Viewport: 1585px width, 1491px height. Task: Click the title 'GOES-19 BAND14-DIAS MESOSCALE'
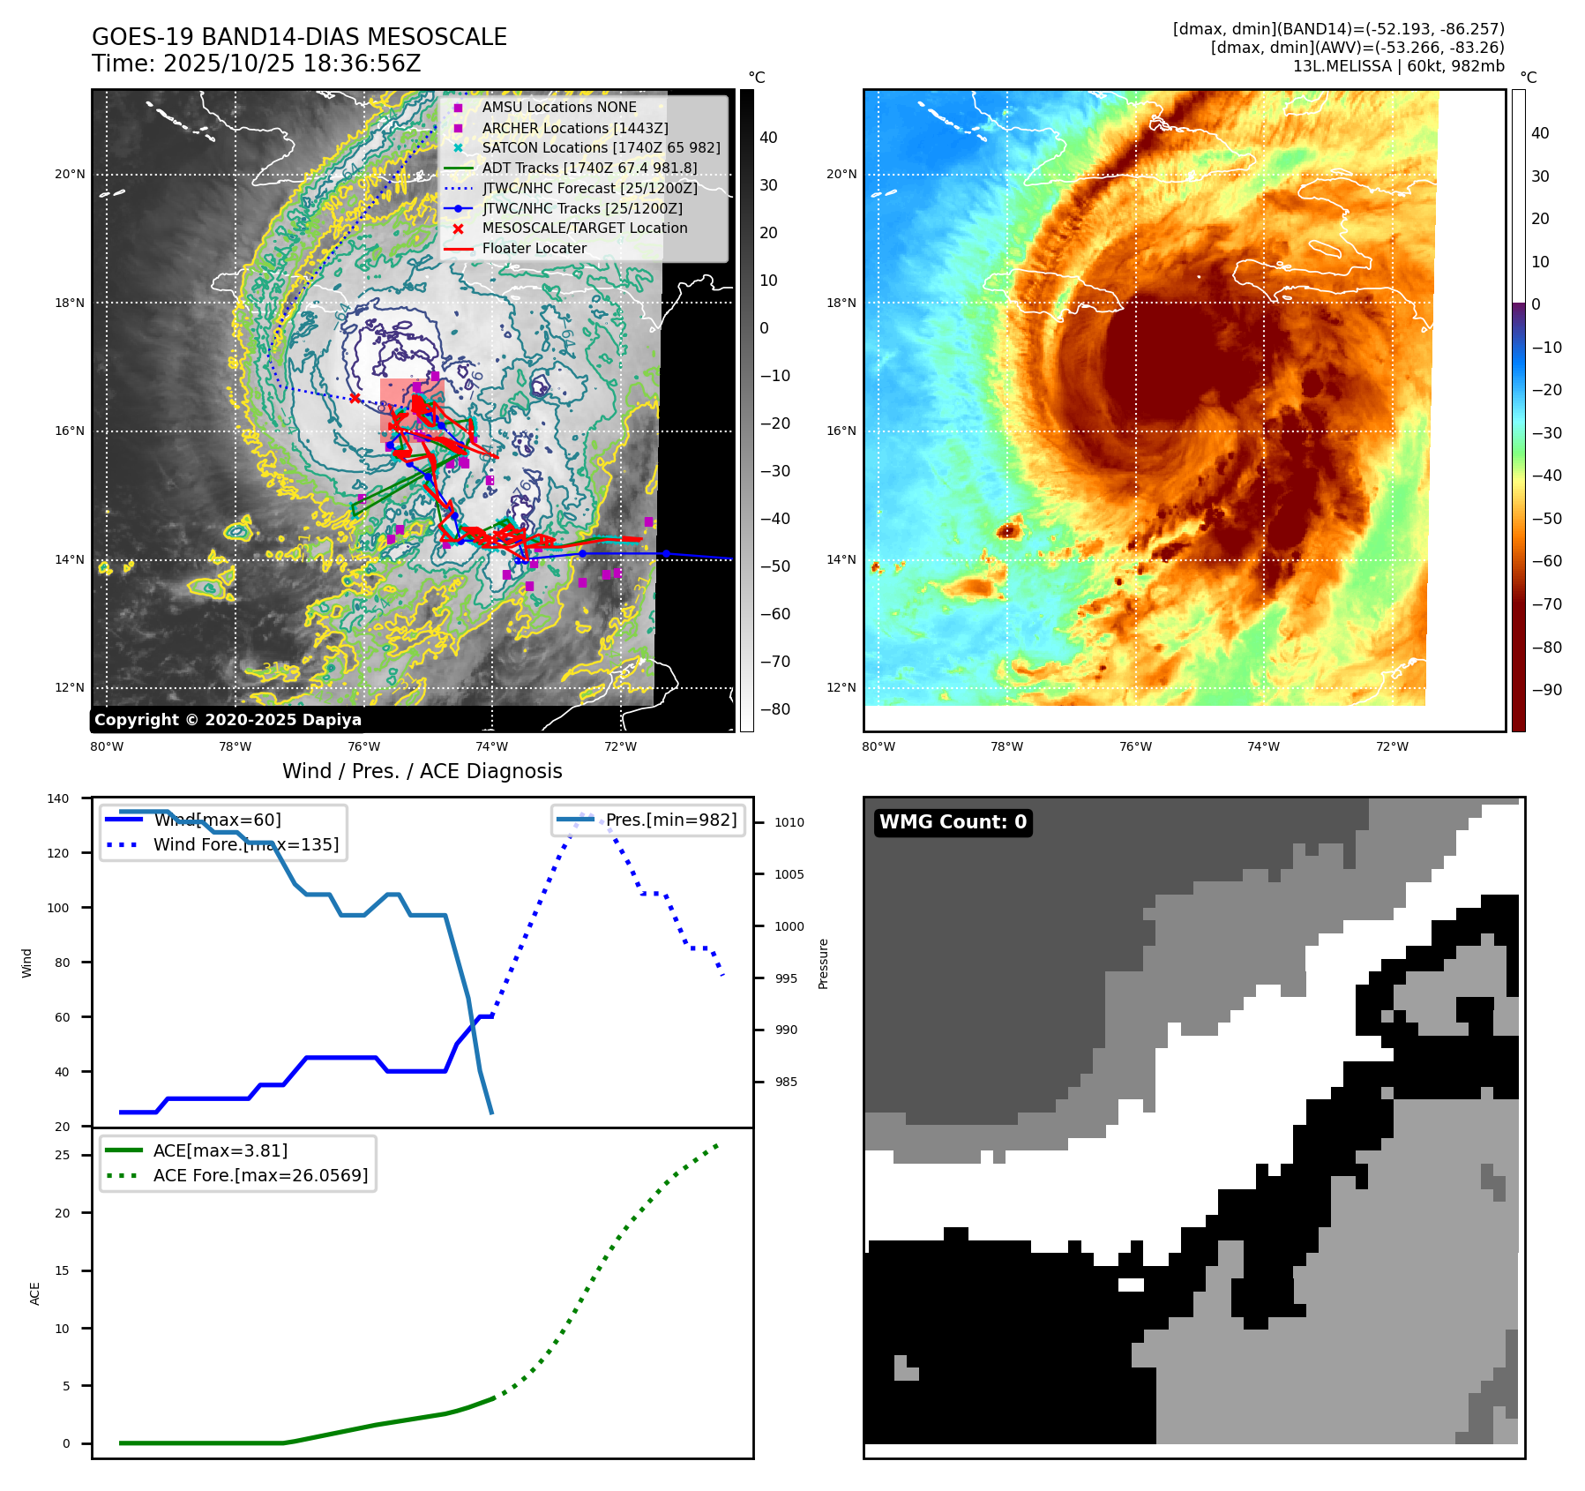[x=299, y=37]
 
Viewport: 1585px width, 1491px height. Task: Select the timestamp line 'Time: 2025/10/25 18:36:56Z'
[x=256, y=64]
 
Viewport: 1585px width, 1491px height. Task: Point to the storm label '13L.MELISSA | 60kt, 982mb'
[x=1398, y=66]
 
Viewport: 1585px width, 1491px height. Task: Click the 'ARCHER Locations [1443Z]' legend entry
[x=574, y=128]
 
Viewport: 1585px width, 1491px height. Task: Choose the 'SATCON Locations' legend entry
[x=601, y=147]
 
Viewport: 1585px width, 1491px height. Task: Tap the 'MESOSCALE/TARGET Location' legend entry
[x=584, y=228]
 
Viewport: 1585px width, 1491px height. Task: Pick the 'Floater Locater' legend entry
[x=534, y=248]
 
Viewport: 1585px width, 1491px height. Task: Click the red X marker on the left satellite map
[x=355, y=398]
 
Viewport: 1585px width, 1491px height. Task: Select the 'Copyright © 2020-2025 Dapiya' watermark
[x=228, y=720]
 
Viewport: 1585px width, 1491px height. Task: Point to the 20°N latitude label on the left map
[x=70, y=174]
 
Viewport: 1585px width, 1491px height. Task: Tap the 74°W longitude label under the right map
[x=1263, y=746]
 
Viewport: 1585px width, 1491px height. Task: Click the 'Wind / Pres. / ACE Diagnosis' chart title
[x=422, y=771]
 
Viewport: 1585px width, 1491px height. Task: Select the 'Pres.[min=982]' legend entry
[x=670, y=820]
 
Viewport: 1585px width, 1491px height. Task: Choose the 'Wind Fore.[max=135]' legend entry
[x=245, y=844]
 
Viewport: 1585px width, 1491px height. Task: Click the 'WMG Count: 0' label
[x=953, y=822]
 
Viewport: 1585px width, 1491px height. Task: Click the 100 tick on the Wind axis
[x=58, y=908]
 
